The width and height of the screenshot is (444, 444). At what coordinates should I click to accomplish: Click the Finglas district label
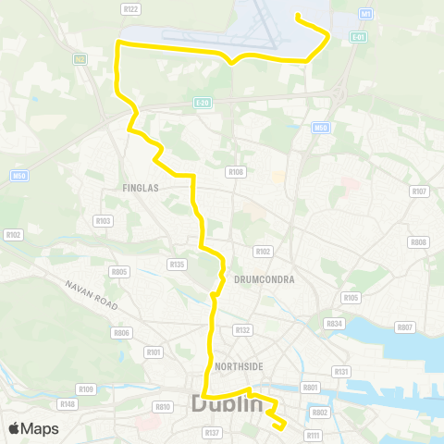pyautogui.click(x=142, y=187)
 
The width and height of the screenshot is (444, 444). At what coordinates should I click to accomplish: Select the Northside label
pyautogui.click(x=238, y=366)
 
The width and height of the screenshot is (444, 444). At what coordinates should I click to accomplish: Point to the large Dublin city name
pyautogui.click(x=226, y=403)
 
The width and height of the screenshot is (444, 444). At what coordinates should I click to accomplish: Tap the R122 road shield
pyautogui.click(x=129, y=8)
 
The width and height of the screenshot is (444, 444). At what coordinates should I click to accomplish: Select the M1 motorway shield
pyautogui.click(x=366, y=14)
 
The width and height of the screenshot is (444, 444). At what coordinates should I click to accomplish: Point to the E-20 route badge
pyautogui.click(x=203, y=102)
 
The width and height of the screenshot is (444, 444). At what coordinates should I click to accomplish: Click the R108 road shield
pyautogui.click(x=236, y=171)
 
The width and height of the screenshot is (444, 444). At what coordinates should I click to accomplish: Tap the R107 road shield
pyautogui.click(x=419, y=191)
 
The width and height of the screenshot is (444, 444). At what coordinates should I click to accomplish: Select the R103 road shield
pyautogui.click(x=103, y=220)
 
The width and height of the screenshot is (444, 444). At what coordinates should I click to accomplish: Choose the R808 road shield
pyautogui.click(x=418, y=241)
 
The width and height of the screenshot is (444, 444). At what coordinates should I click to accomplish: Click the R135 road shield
pyautogui.click(x=177, y=264)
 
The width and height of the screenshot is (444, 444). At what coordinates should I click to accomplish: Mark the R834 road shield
pyautogui.click(x=334, y=324)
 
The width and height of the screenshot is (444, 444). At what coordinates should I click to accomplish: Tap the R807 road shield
pyautogui.click(x=404, y=327)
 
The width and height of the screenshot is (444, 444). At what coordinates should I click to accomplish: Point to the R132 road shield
pyautogui.click(x=243, y=329)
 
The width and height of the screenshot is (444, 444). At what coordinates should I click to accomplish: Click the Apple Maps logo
pyautogui.click(x=33, y=428)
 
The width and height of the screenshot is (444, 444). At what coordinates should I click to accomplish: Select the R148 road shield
pyautogui.click(x=67, y=403)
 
